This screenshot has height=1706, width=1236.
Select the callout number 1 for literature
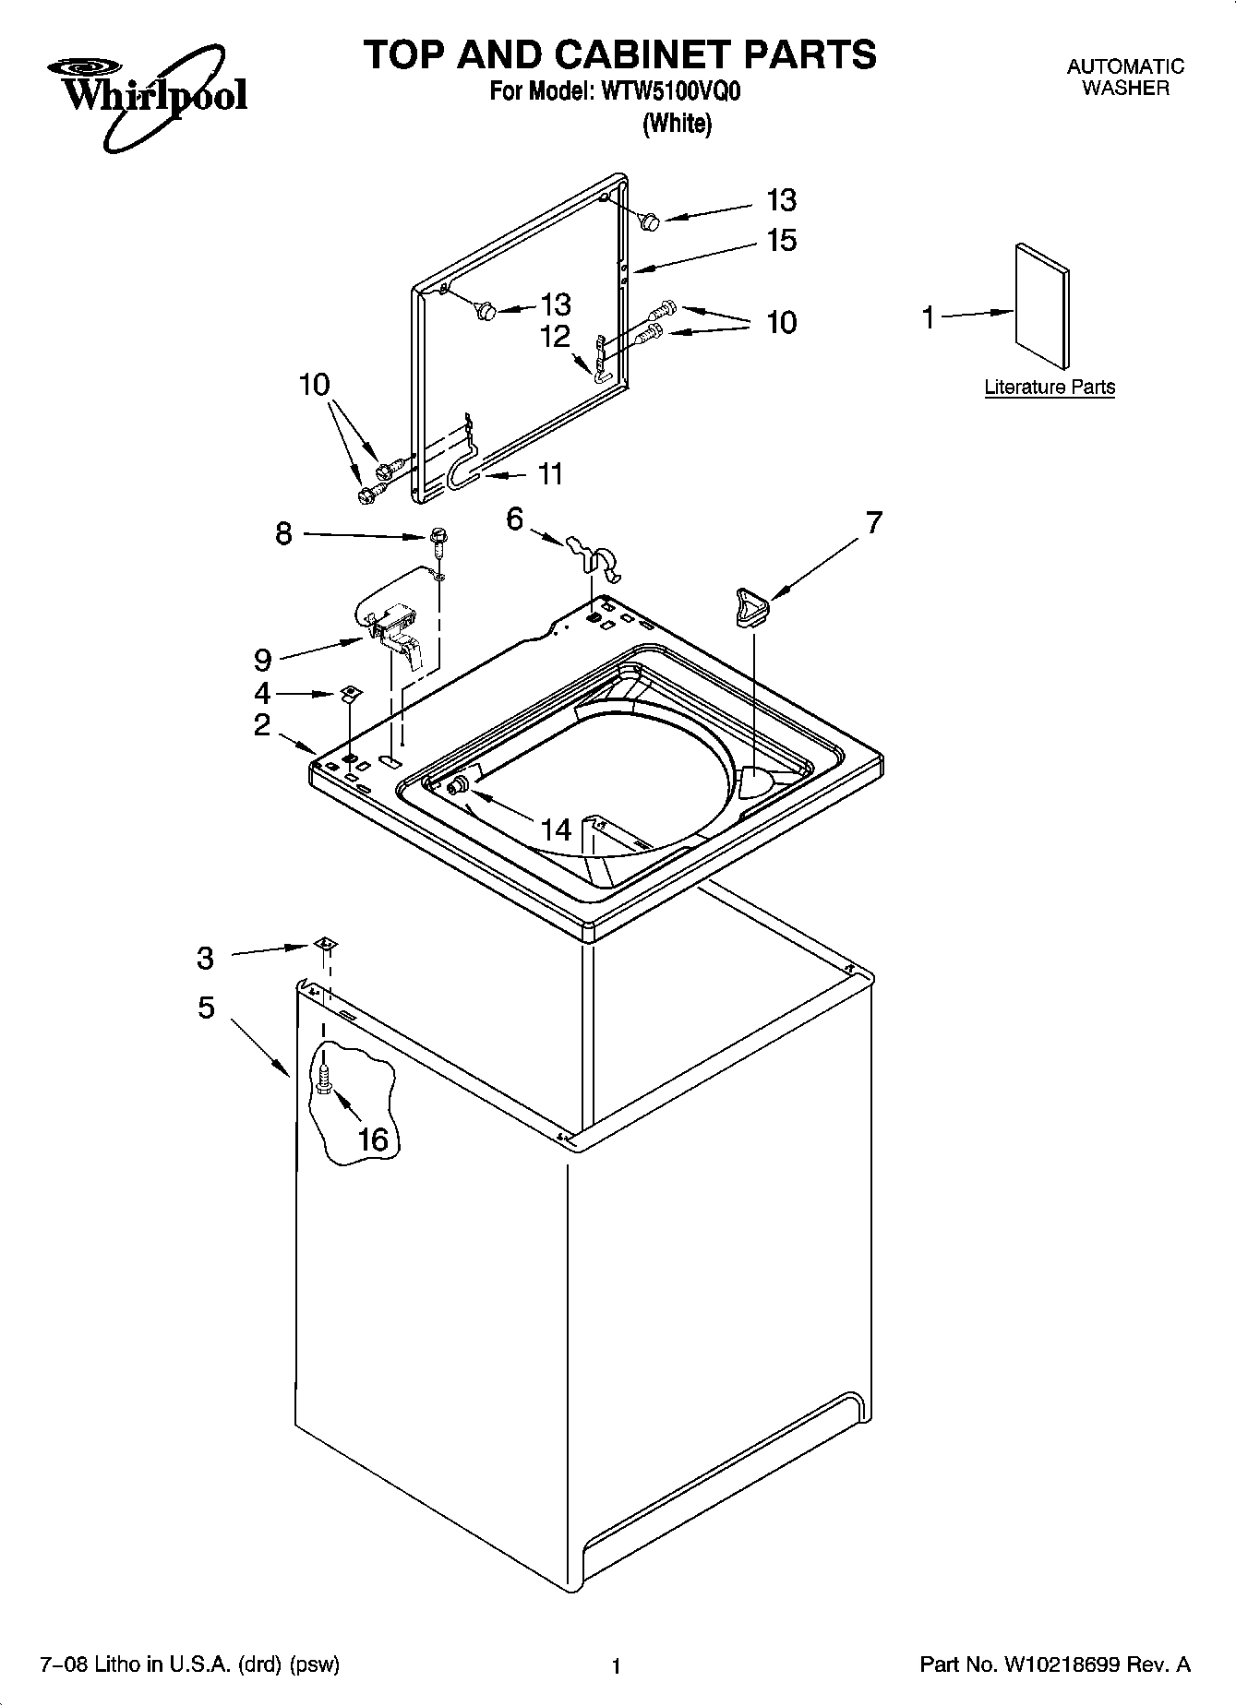pyautogui.click(x=929, y=317)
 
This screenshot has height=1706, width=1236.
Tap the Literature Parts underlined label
pyautogui.click(x=1050, y=388)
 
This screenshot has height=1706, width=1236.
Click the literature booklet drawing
pyautogui.click(x=1042, y=307)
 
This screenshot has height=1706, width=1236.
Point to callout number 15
pyautogui.click(x=781, y=241)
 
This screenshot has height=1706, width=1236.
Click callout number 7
pyautogui.click(x=873, y=522)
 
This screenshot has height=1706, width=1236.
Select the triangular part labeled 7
pyautogui.click(x=752, y=607)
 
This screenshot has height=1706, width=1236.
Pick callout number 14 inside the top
pyautogui.click(x=556, y=829)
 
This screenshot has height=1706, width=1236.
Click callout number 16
pyautogui.click(x=372, y=1139)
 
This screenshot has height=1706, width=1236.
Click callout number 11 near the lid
pyautogui.click(x=550, y=474)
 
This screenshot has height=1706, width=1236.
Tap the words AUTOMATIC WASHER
pyautogui.click(x=1124, y=78)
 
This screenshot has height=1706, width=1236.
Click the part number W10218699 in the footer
pyautogui.click(x=1062, y=1664)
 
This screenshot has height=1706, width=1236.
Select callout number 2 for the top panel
pyautogui.click(x=263, y=725)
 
